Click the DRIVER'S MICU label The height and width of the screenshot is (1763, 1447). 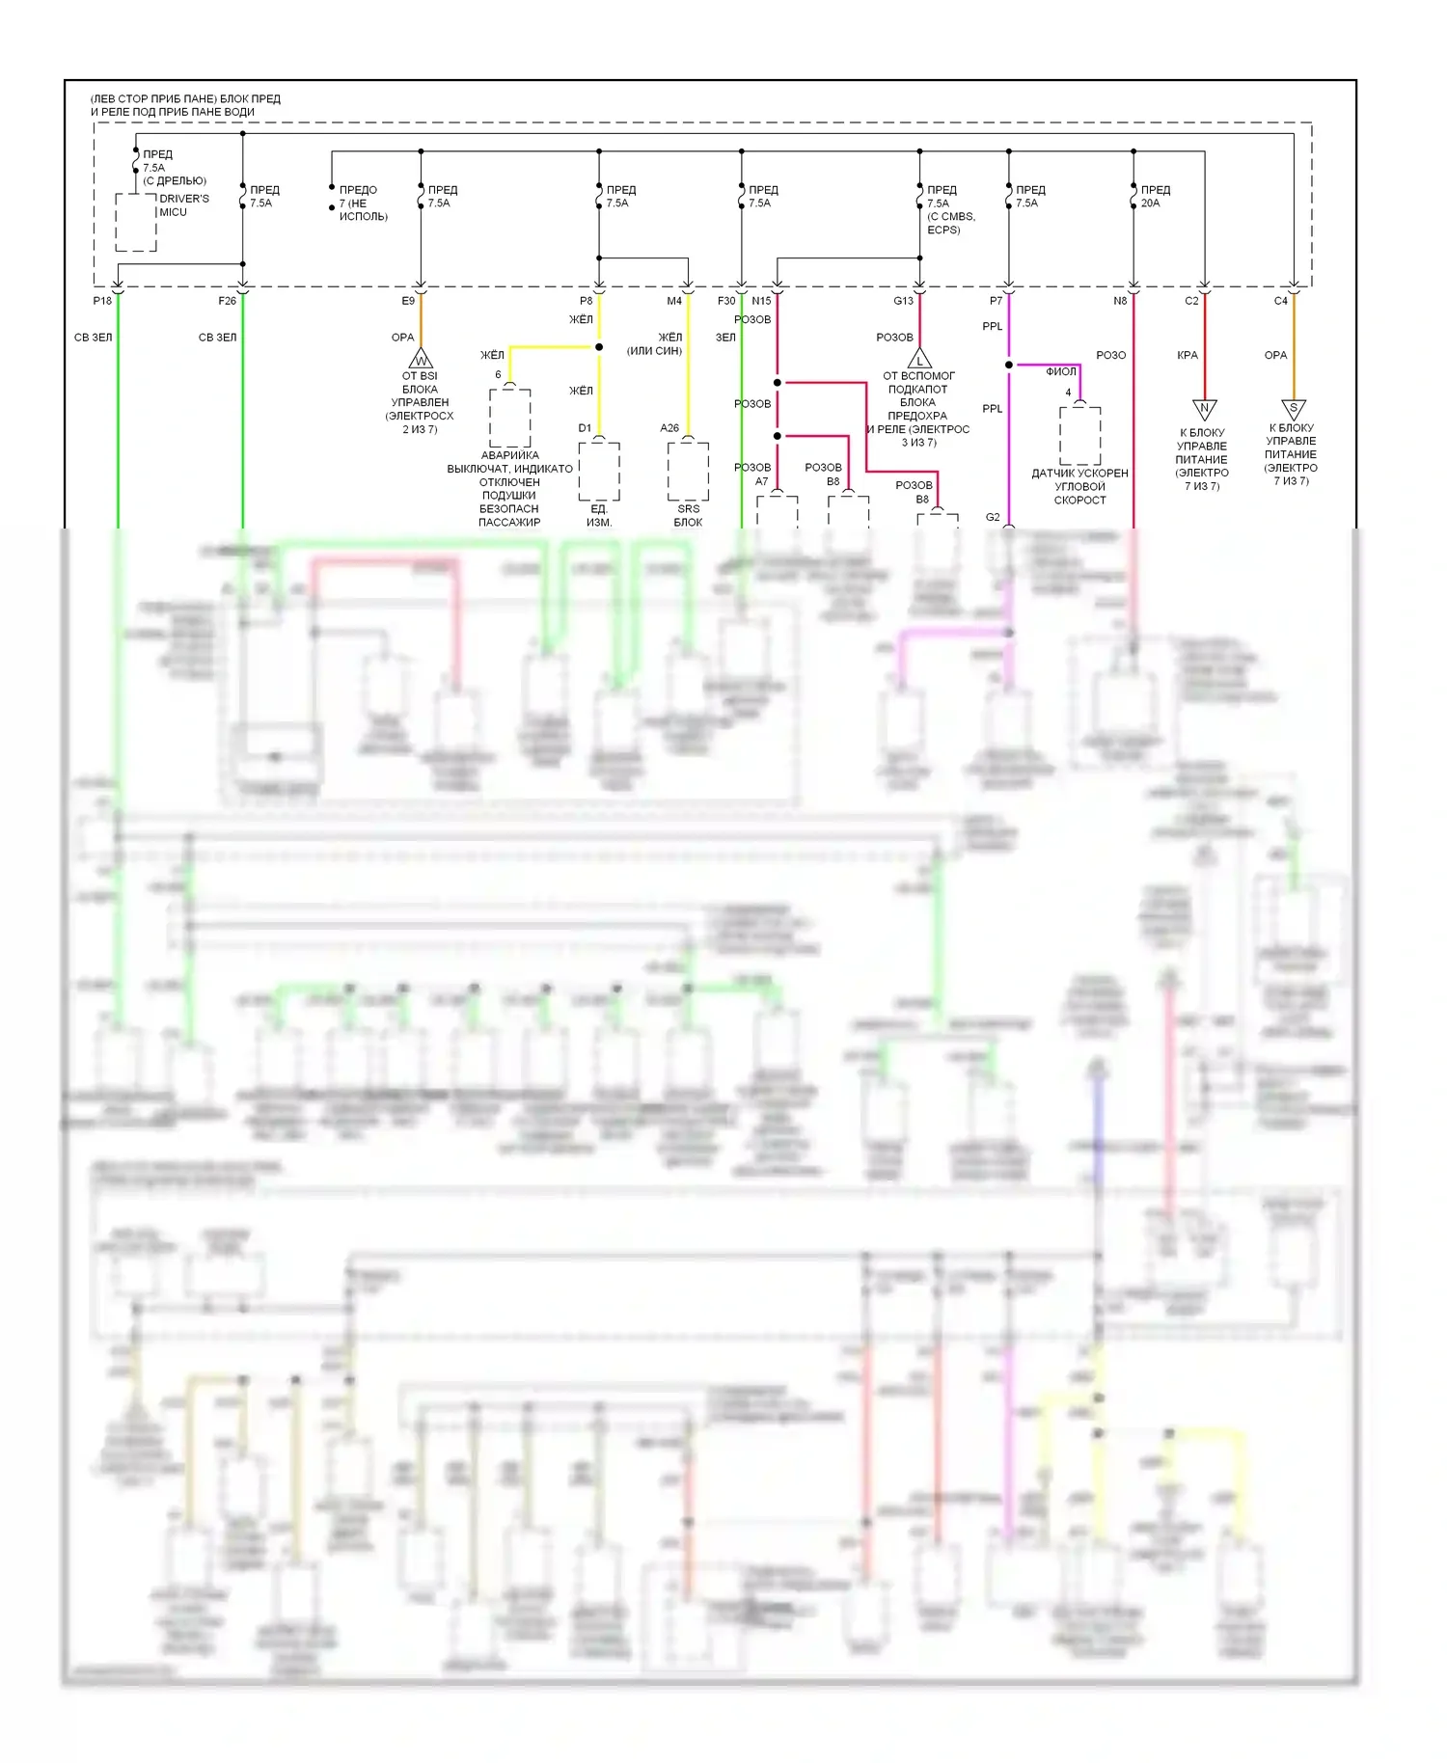183,205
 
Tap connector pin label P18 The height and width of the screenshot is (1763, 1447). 102,301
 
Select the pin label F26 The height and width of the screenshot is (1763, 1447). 227,301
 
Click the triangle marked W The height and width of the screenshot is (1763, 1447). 421,361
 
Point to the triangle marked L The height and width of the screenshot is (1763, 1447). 919,359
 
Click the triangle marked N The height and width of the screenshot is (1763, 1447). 1204,408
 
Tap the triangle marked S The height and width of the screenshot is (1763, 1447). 1293,408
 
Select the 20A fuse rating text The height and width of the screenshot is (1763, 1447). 1150,203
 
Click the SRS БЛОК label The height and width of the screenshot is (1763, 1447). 688,515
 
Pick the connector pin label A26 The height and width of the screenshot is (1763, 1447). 669,428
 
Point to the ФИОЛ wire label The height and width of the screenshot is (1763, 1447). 1061,371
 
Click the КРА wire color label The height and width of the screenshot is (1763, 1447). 1188,355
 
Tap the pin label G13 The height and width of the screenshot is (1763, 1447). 903,301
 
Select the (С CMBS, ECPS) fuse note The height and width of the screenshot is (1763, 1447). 951,223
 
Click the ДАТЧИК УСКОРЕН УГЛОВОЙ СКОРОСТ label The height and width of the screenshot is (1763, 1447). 1079,486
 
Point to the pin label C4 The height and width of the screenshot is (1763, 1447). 1280,301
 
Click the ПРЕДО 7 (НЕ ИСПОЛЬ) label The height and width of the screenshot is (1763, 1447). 363,203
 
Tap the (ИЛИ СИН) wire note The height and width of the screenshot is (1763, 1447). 654,350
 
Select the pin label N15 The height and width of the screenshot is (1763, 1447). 761,301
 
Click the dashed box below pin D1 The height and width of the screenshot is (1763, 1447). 599,471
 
